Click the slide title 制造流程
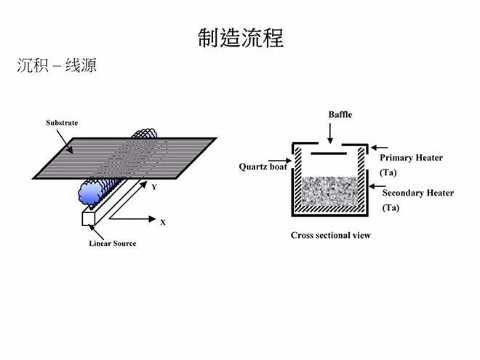pyautogui.click(x=240, y=38)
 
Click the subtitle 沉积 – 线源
pyautogui.click(x=57, y=66)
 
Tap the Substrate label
pyautogui.click(x=62, y=123)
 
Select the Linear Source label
pyautogui.click(x=112, y=243)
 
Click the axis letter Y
pyautogui.click(x=154, y=187)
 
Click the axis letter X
pyautogui.click(x=163, y=222)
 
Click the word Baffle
pyautogui.click(x=340, y=115)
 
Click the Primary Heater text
pyautogui.click(x=411, y=158)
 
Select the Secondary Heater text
pyautogui.click(x=417, y=193)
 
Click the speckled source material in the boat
pyautogui.click(x=327, y=192)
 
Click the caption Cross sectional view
pyautogui.click(x=330, y=235)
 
